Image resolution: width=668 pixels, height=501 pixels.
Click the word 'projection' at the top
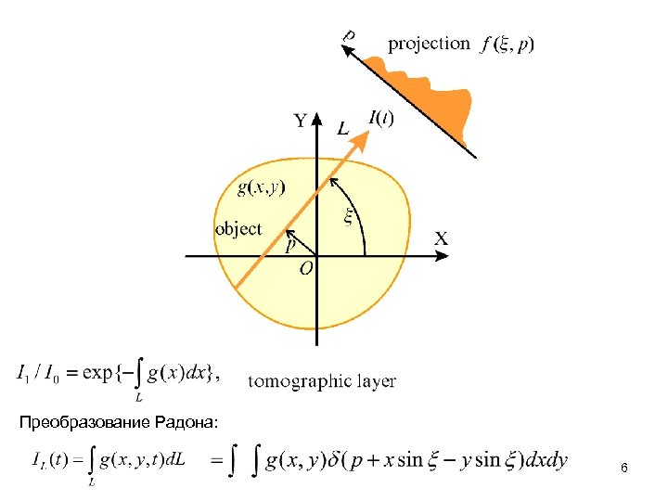pos(429,44)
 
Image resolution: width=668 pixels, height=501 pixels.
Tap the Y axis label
pos(302,121)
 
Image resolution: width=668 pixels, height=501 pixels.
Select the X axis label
pos(442,239)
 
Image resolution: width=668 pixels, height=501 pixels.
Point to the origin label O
pos(306,268)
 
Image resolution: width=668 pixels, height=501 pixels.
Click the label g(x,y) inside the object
pos(262,187)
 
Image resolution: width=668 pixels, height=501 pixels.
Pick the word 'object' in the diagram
pos(238,228)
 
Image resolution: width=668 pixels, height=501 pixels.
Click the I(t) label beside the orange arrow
pos(380,118)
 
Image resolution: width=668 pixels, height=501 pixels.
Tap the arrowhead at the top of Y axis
pos(316,119)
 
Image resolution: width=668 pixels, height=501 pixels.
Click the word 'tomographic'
pos(299,380)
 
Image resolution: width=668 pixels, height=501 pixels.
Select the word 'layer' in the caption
pos(376,380)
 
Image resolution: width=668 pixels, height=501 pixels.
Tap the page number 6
pos(624,470)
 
